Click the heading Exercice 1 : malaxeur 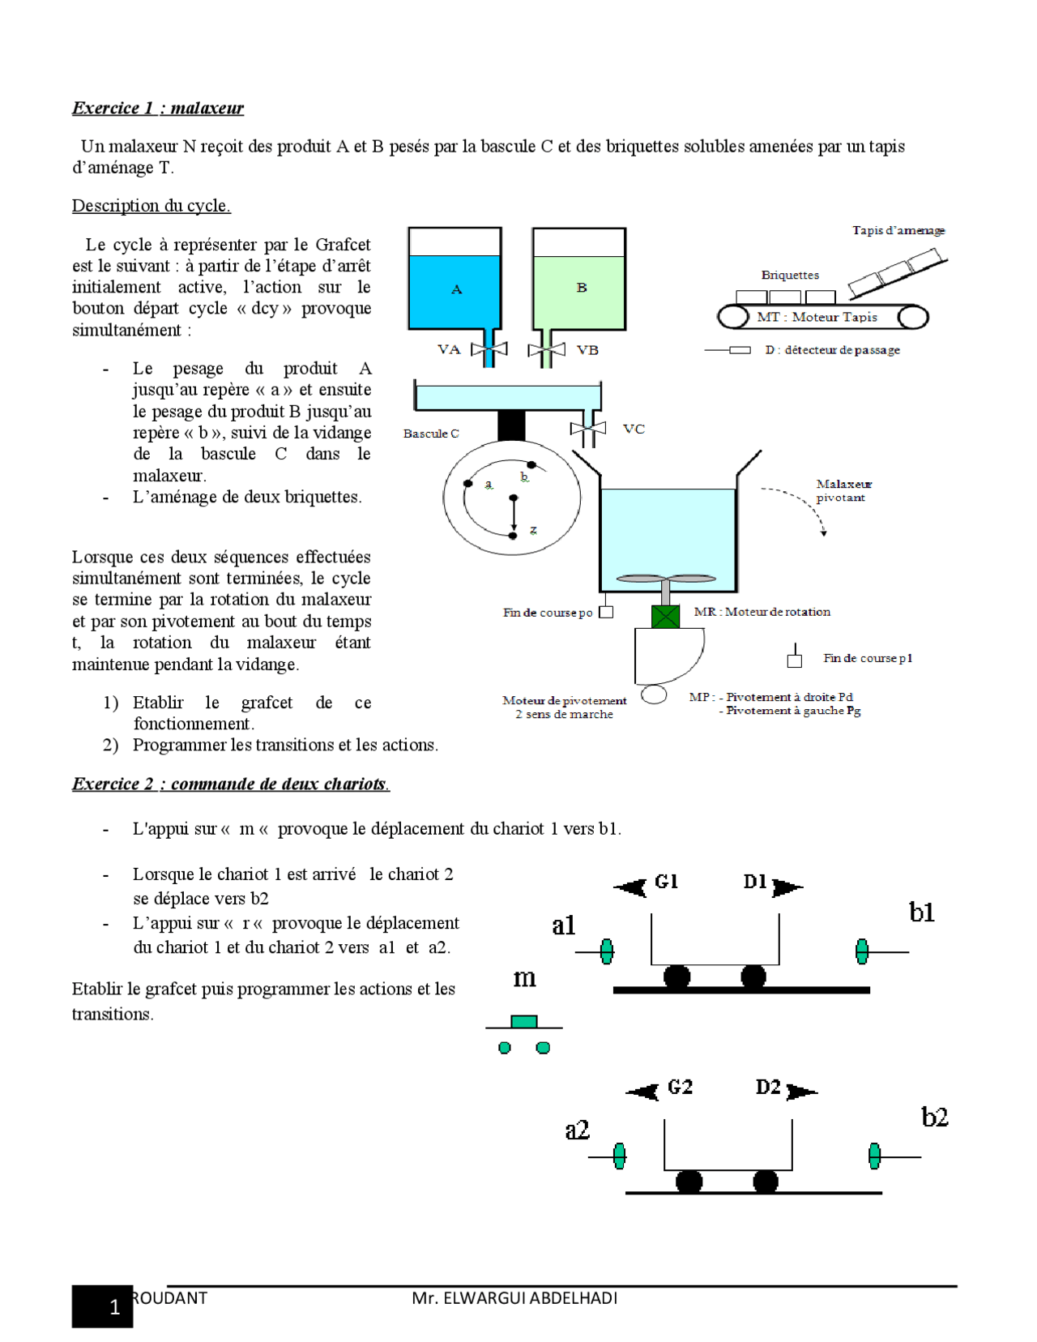158,108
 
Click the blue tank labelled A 454,290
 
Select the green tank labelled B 579,290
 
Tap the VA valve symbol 489,349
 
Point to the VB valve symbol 545,350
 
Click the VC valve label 634,429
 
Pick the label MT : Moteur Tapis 817,317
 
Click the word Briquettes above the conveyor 790,275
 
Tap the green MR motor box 665,617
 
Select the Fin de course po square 606,613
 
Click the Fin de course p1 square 795,660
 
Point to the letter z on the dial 533,530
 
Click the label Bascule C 431,434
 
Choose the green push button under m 524,1021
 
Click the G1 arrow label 666,882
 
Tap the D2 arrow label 768,1087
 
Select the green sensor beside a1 607,951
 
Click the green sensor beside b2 874,1156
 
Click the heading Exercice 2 230,784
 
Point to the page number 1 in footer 114,1307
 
